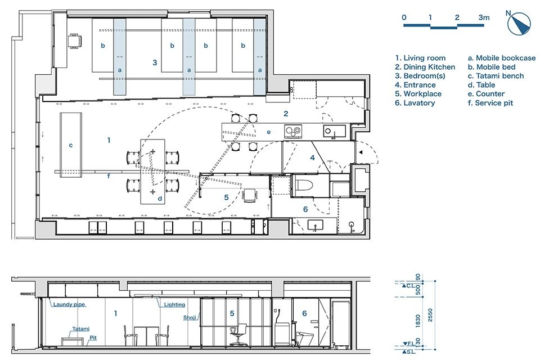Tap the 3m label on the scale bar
484,17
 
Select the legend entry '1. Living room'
420,58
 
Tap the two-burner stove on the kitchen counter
292,132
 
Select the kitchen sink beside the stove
330,131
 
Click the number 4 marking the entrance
312,158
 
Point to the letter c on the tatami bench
70,145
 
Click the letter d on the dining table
160,198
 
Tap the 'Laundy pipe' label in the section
69,305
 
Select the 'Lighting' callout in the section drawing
174,305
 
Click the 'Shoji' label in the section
190,317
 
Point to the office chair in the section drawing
240,334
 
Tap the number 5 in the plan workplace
226,197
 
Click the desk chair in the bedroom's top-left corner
74,40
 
